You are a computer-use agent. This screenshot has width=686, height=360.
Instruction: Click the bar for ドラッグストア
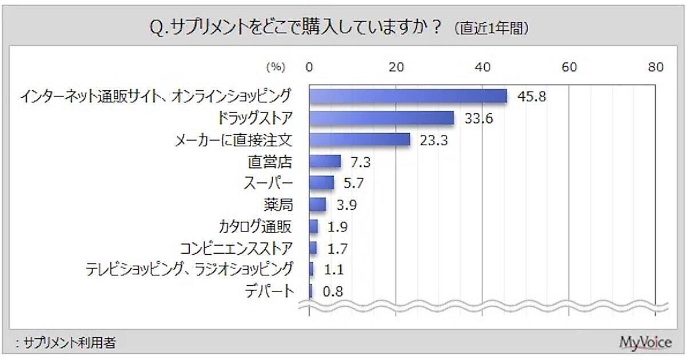point(381,118)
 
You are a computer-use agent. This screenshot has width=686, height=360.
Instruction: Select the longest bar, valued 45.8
point(408,96)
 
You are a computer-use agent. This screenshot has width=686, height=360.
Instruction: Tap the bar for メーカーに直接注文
point(360,140)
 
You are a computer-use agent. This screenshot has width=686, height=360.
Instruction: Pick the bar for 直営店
point(325,162)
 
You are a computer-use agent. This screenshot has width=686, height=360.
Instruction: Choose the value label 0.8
point(332,291)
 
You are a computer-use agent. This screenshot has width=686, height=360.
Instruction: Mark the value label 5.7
point(353,183)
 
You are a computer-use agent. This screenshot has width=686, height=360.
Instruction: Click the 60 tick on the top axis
point(569,67)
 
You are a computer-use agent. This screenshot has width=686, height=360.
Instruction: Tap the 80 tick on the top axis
point(656,67)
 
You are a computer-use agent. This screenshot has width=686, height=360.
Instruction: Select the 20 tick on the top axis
point(396,67)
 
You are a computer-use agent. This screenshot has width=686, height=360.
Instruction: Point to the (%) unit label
point(275,67)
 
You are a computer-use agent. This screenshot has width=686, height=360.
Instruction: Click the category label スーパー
point(269,183)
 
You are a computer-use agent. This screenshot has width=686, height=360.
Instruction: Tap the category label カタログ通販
point(255,226)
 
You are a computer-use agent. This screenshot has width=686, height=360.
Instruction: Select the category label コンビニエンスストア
point(236,248)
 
